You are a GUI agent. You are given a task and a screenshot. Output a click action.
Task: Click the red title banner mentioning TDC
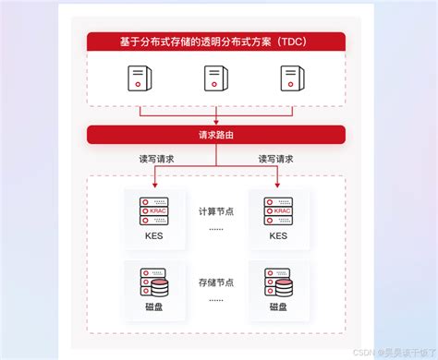point(216,42)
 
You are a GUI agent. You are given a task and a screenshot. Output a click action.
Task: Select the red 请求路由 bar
point(216,135)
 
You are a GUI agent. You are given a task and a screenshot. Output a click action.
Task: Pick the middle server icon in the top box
point(216,78)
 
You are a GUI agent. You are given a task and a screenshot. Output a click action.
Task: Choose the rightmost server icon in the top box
point(292,78)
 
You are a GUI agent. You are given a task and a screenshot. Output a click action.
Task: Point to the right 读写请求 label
point(278,159)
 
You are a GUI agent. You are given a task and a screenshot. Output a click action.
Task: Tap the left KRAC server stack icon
point(154,211)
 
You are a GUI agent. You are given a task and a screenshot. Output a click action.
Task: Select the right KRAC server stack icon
point(278,211)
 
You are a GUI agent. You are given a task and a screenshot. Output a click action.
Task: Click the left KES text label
point(154,235)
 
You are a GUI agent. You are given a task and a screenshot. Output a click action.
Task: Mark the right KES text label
point(278,235)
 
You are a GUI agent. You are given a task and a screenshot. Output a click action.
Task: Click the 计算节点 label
point(216,211)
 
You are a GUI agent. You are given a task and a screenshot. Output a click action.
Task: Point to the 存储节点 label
point(216,282)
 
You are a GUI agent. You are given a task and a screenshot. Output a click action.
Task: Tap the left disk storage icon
point(154,282)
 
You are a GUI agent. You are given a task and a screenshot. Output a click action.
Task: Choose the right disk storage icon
point(278,282)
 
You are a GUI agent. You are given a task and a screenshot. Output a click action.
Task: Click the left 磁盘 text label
point(154,306)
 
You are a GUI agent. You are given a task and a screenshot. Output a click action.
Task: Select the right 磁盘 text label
point(278,306)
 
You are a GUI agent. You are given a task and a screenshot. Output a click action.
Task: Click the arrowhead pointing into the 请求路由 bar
point(216,122)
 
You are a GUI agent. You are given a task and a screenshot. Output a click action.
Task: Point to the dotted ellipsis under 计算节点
point(216,227)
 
